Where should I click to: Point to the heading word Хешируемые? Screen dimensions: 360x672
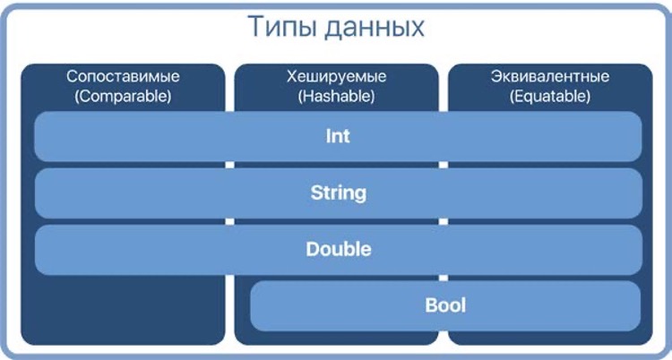pyautogui.click(x=335, y=77)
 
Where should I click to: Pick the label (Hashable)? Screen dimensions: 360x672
pyautogui.click(x=335, y=95)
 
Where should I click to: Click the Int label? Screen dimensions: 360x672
pyautogui.click(x=338, y=137)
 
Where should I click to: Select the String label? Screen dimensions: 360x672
pyautogui.click(x=338, y=193)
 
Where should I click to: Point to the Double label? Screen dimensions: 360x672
pyautogui.click(x=338, y=249)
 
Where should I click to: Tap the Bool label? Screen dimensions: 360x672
pyautogui.click(x=445, y=306)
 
